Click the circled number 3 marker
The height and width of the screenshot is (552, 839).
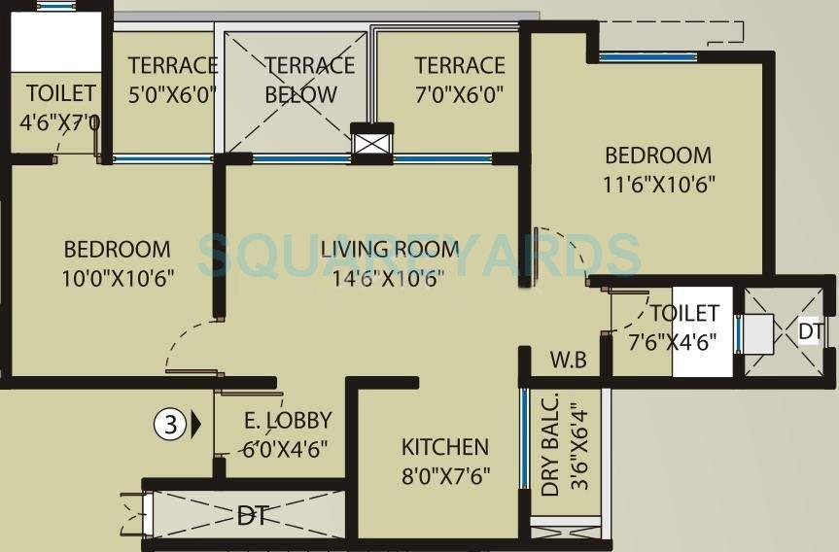point(169,424)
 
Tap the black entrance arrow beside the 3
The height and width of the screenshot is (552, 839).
point(196,424)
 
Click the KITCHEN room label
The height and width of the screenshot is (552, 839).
point(445,447)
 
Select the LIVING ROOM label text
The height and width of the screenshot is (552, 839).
point(390,249)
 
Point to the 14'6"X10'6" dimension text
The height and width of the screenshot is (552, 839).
point(390,278)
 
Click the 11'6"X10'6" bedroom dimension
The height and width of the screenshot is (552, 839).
point(658,185)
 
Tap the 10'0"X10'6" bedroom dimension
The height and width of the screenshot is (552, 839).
point(117,278)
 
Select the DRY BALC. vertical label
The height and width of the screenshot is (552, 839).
point(551,445)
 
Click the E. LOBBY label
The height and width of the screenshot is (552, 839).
point(287,421)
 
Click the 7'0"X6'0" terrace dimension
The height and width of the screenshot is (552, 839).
point(460,94)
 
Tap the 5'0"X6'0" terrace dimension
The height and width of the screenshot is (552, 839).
point(172,94)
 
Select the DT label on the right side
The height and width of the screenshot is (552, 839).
point(810,332)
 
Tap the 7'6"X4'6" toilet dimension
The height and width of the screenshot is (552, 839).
point(684,342)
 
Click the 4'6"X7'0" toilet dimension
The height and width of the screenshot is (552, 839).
point(60,122)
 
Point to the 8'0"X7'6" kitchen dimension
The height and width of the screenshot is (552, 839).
point(445,477)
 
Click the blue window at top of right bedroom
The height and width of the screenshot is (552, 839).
point(647,56)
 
